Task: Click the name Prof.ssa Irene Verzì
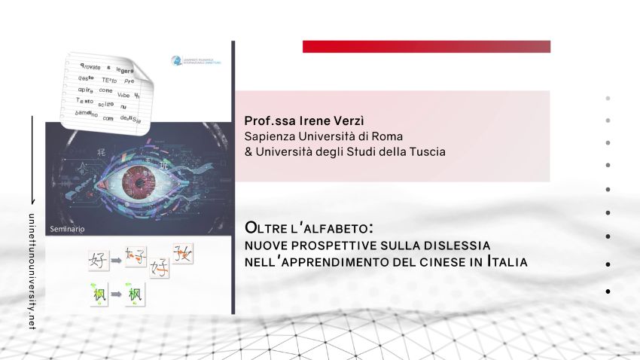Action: pos(299,121)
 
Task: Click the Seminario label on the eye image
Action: pos(68,227)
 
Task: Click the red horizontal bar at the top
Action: pos(426,47)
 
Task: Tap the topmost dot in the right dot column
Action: pos(608,98)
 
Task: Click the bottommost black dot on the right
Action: pos(608,291)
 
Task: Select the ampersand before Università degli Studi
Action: pos(248,151)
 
